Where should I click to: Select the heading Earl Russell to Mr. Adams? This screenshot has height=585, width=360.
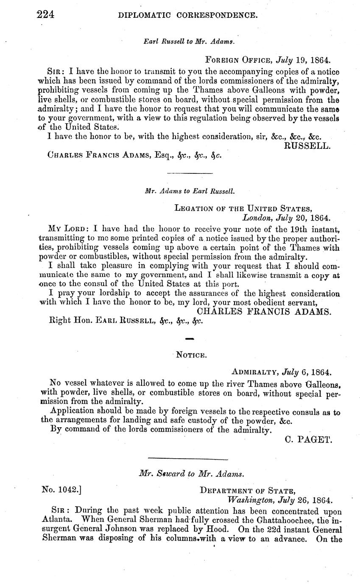(x=189, y=42)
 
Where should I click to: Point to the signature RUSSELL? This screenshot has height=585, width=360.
(x=307, y=146)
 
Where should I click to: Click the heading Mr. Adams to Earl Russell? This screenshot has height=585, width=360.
(x=190, y=191)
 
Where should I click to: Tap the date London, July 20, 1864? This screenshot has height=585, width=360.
(x=286, y=218)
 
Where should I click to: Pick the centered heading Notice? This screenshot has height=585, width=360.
(x=191, y=354)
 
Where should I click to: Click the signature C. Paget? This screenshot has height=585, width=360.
(x=309, y=439)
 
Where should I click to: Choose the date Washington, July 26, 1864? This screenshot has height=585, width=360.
(x=280, y=499)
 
